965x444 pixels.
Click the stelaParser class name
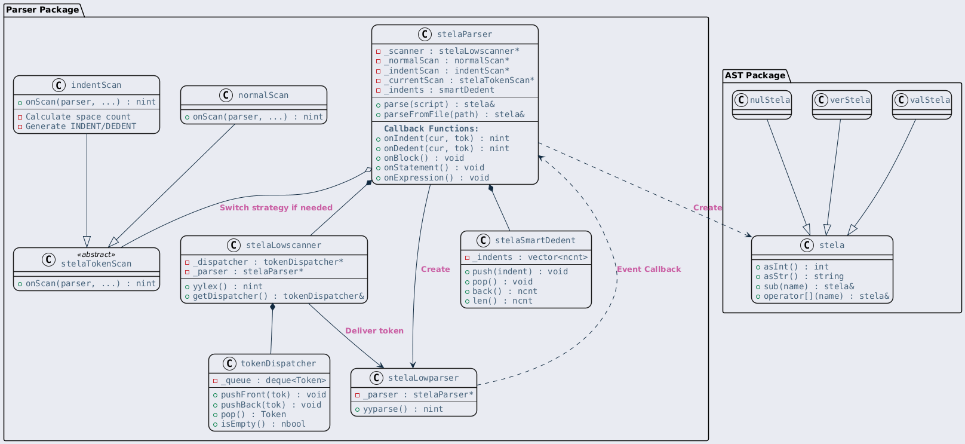click(x=465, y=35)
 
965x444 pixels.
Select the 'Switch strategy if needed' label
click(x=276, y=208)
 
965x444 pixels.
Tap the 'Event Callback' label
click(x=649, y=270)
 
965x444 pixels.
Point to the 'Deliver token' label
click(x=374, y=331)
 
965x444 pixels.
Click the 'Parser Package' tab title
click(x=42, y=10)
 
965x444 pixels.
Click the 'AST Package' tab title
click(x=755, y=75)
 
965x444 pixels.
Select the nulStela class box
click(x=761, y=105)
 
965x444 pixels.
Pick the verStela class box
click(x=842, y=105)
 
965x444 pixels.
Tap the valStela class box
click(x=922, y=105)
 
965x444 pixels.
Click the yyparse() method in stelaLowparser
click(x=403, y=409)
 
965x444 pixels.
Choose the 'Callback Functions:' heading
click(x=431, y=129)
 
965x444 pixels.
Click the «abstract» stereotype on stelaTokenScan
click(x=96, y=255)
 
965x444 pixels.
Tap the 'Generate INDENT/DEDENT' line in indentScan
click(x=81, y=127)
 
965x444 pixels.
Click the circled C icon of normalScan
click(x=226, y=95)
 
